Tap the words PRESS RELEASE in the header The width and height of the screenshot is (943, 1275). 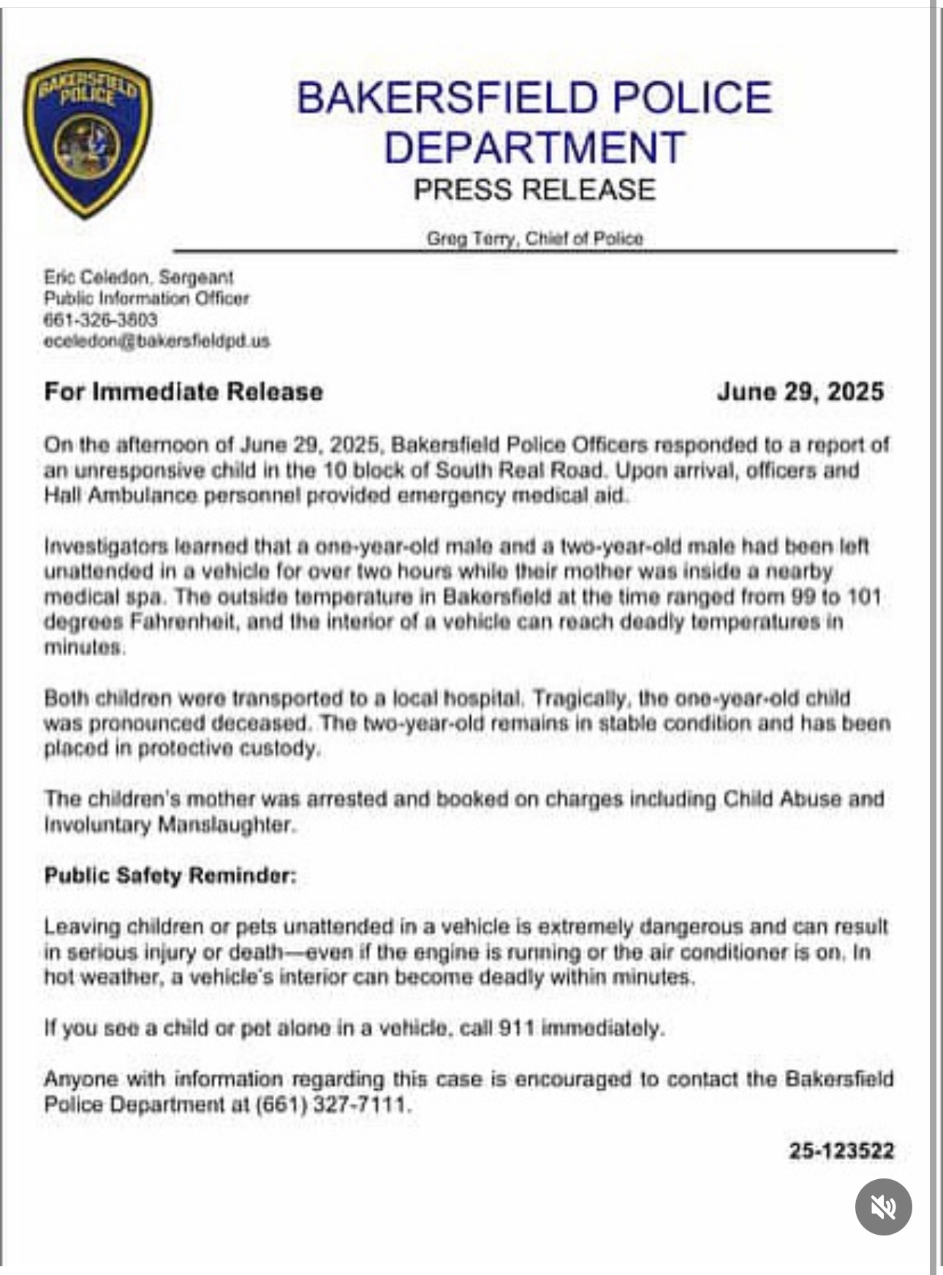[x=534, y=189]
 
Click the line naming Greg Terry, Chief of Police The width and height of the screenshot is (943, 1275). [x=534, y=238]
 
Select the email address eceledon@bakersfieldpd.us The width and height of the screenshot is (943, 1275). [x=156, y=341]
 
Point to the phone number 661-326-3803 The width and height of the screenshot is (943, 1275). [x=101, y=320]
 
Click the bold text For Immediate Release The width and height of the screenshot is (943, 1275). [x=183, y=391]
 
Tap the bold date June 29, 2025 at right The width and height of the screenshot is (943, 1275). [x=800, y=391]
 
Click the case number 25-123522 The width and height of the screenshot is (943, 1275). [x=841, y=1151]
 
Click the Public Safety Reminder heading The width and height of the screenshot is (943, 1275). [x=171, y=876]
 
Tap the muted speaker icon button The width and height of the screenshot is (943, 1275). [x=883, y=1206]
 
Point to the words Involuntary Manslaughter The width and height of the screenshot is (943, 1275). [x=169, y=825]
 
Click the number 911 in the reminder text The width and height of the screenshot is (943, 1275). [x=516, y=1028]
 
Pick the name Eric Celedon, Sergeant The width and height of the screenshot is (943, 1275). [x=139, y=277]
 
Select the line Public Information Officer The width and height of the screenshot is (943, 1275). [x=146, y=298]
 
